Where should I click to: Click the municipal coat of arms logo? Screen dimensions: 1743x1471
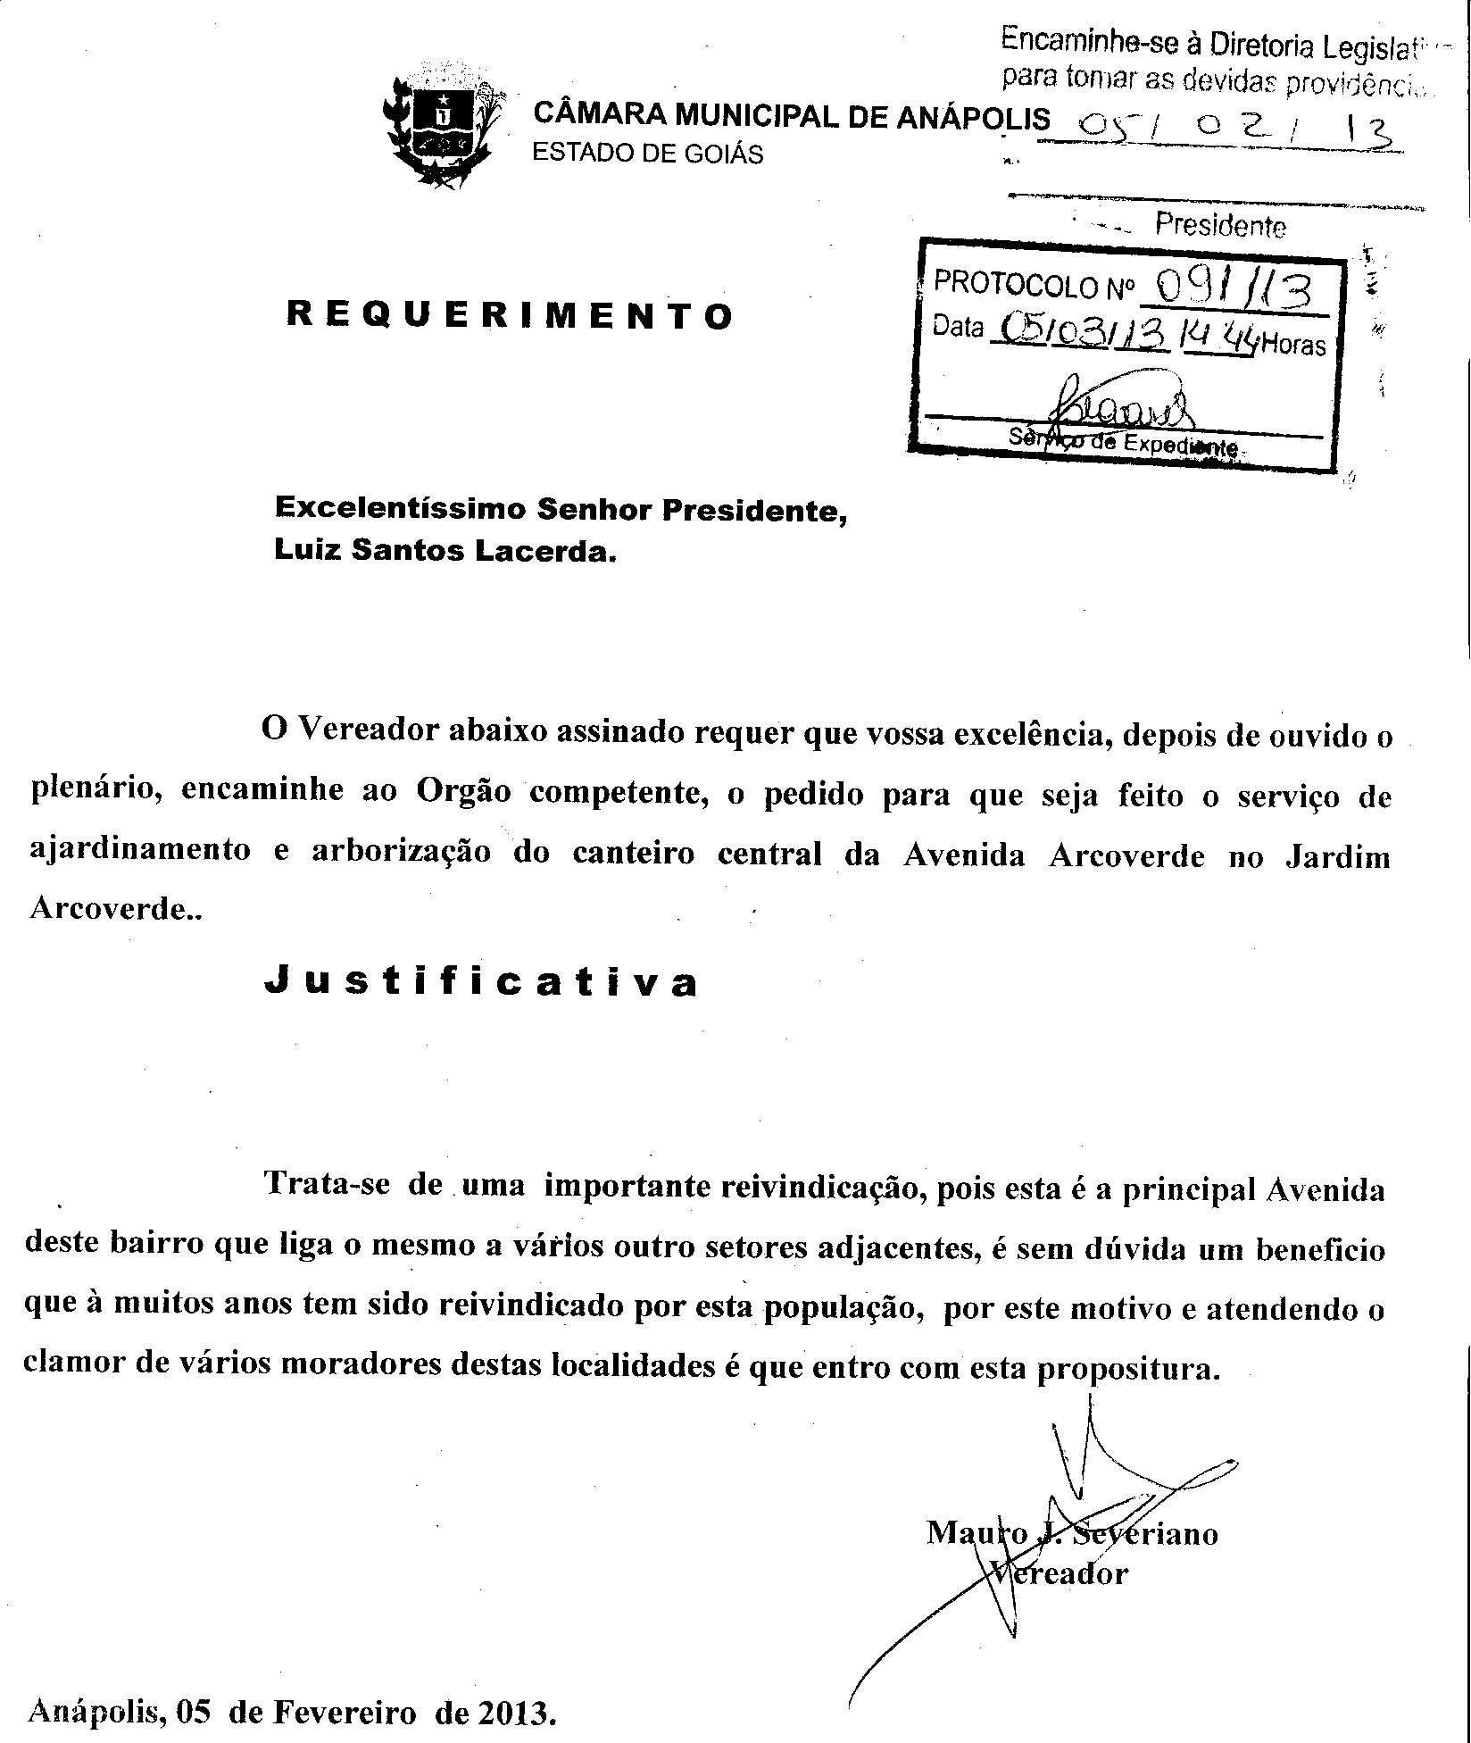coord(438,126)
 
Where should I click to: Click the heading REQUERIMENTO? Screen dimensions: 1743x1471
coord(510,315)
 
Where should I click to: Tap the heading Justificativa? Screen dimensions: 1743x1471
coord(481,981)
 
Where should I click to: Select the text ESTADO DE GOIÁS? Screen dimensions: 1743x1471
coord(647,154)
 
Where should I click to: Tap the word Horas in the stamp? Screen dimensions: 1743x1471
coord(1293,346)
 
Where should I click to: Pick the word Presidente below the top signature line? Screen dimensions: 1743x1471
coord(1220,225)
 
